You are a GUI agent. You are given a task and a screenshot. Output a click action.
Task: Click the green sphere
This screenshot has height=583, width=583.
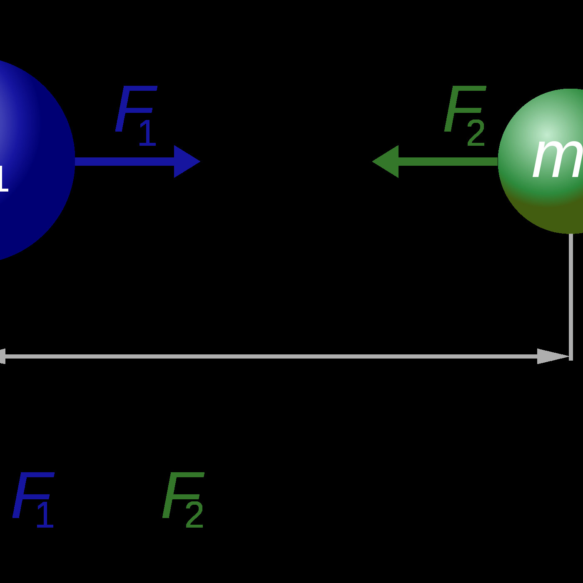[x=541, y=200]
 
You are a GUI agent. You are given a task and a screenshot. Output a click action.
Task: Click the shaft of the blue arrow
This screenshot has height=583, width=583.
[x=125, y=162]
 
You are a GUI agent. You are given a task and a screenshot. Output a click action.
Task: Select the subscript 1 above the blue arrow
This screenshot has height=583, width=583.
[x=147, y=133]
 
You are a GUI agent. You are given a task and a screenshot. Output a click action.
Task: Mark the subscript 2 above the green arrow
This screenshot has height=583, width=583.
[x=476, y=133]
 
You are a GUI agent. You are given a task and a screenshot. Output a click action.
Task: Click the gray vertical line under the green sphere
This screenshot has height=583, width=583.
[x=571, y=291]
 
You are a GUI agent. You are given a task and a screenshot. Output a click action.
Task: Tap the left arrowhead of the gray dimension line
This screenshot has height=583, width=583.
[x=2, y=356]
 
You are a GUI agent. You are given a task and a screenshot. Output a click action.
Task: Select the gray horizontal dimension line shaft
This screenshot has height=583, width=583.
[x=271, y=356]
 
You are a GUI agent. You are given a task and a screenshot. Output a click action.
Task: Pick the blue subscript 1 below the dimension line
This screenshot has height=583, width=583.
[x=45, y=515]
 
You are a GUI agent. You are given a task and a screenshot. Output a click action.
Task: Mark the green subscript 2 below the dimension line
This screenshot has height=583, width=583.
[x=194, y=515]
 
